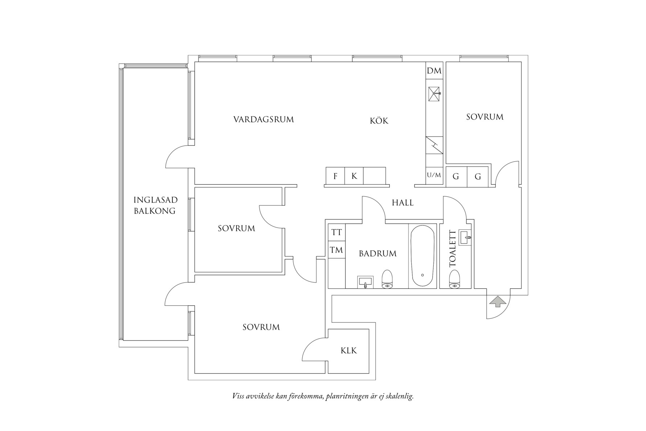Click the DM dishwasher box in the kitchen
tap(434, 71)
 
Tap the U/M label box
tap(434, 175)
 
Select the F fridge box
tap(335, 176)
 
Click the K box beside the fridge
tap(354, 176)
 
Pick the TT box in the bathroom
tap(336, 232)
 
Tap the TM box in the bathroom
tap(336, 250)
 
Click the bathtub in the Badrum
tap(422, 256)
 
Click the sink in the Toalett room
tap(465, 238)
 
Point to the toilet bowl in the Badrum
tap(388, 280)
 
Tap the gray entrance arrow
tap(498, 302)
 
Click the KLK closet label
tap(348, 351)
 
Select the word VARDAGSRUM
tap(263, 119)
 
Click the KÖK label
tap(379, 121)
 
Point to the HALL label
tap(402, 203)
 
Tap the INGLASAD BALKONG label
tap(155, 205)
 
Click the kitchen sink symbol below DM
tap(434, 94)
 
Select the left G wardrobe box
tap(456, 177)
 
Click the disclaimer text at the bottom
tap(323, 396)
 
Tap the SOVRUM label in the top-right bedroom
tap(484, 117)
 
